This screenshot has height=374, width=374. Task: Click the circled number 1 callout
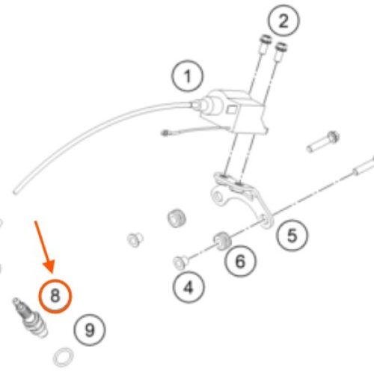coord(187,76)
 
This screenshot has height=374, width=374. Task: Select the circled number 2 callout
coord(283,21)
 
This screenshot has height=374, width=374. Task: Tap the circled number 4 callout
coord(188,287)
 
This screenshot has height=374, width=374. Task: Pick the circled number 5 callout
coord(292,236)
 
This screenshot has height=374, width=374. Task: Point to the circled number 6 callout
coord(240,261)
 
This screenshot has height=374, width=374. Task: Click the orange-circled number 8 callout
coord(55,296)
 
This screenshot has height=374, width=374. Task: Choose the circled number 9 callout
coord(90,330)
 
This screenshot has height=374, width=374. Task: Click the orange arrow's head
coord(49,266)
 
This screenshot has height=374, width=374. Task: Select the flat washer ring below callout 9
coord(64,358)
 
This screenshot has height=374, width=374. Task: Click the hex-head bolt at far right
coord(323,141)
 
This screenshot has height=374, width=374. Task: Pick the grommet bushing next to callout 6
coord(222,241)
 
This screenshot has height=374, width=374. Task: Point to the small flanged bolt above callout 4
coord(181,263)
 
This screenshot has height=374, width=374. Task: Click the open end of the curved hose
coord(16,191)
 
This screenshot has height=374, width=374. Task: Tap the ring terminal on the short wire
coord(165,133)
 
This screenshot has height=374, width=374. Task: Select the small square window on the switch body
coord(232,109)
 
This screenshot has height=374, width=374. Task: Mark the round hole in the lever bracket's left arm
coord(218,197)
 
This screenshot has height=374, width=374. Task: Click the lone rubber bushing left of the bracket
coord(177,218)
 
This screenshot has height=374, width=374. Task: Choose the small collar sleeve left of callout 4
coord(135,239)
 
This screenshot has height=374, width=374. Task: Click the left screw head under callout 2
coord(266,40)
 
